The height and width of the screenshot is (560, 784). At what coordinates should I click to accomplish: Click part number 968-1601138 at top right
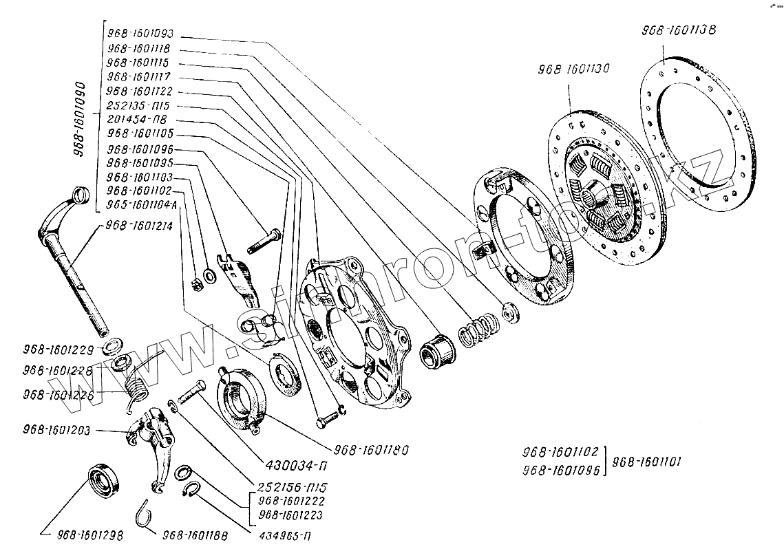pyautogui.click(x=679, y=30)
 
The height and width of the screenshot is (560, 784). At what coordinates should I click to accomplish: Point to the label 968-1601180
pyautogui.click(x=372, y=451)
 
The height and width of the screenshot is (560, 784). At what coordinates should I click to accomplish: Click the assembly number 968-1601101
pyautogui.click(x=645, y=462)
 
